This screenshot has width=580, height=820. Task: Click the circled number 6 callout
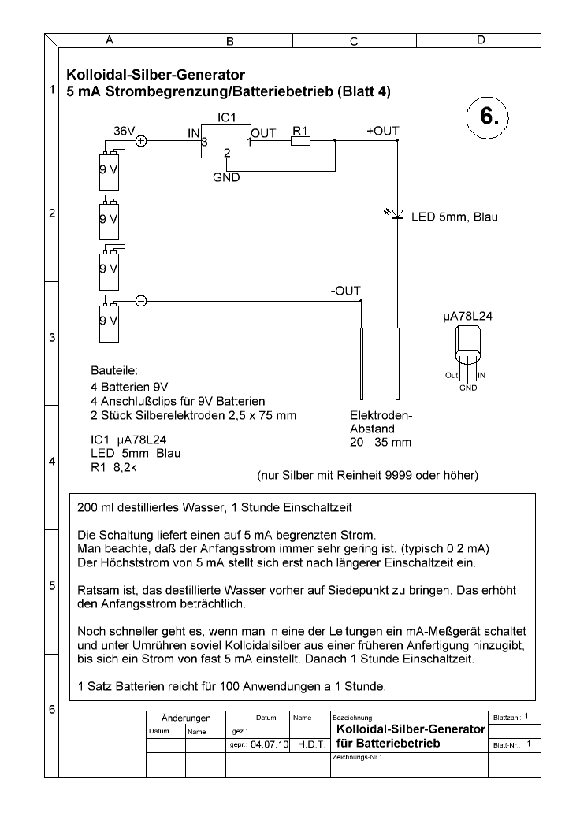pos(487,117)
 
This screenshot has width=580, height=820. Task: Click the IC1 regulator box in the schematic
pos(226,141)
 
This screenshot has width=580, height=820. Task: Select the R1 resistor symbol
pos(300,141)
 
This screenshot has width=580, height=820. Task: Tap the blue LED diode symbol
pos(397,214)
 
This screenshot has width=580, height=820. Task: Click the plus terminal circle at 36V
pos(141,141)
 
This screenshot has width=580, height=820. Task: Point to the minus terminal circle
pos(141,301)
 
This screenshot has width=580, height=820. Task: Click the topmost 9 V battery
pos(109,171)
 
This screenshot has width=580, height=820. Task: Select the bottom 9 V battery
pos(109,322)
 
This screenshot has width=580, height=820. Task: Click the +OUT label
pos(383,131)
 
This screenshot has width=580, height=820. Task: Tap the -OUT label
pos(345,291)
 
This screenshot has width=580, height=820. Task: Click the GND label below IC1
pos(226,178)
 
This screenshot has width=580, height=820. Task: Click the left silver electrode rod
pos(362,363)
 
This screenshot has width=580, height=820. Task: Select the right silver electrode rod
pos(397,363)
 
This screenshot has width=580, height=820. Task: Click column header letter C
pos(354,41)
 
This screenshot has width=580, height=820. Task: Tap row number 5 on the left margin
pos(52,586)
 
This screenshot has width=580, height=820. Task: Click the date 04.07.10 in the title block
pos(270,744)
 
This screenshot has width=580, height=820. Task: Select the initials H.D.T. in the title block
pos(312,744)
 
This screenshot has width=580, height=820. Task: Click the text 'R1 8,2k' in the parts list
pos(113,468)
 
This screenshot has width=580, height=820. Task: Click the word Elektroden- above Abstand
pos(381,416)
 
